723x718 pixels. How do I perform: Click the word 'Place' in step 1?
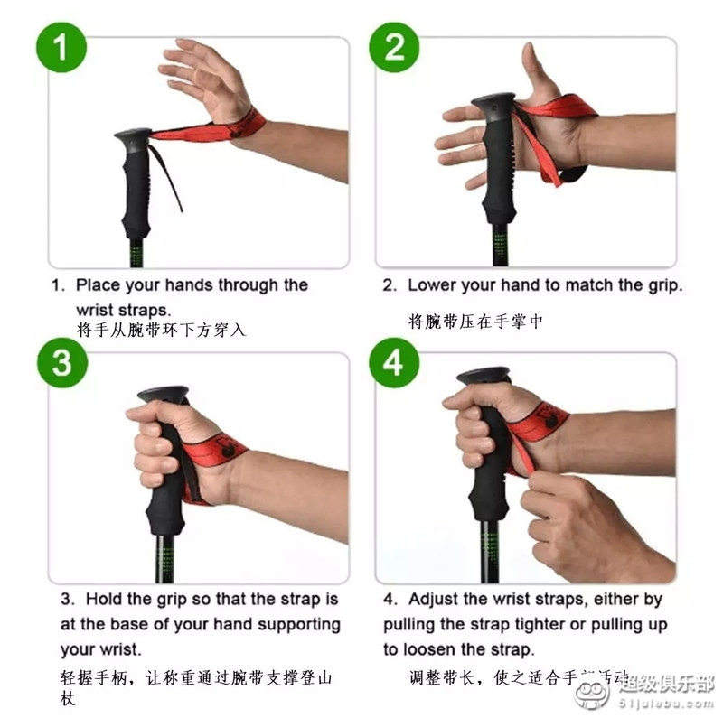pyautogui.click(x=98, y=285)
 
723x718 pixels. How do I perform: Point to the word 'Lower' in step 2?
pyautogui.click(x=431, y=285)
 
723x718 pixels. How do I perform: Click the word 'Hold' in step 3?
pyautogui.click(x=105, y=599)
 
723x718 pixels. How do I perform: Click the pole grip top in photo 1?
pyautogui.click(x=132, y=138)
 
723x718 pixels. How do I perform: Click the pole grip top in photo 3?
pyautogui.click(x=163, y=396)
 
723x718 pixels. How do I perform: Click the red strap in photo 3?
pyautogui.click(x=217, y=446)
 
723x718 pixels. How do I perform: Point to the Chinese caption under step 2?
pyautogui.click(x=475, y=322)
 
